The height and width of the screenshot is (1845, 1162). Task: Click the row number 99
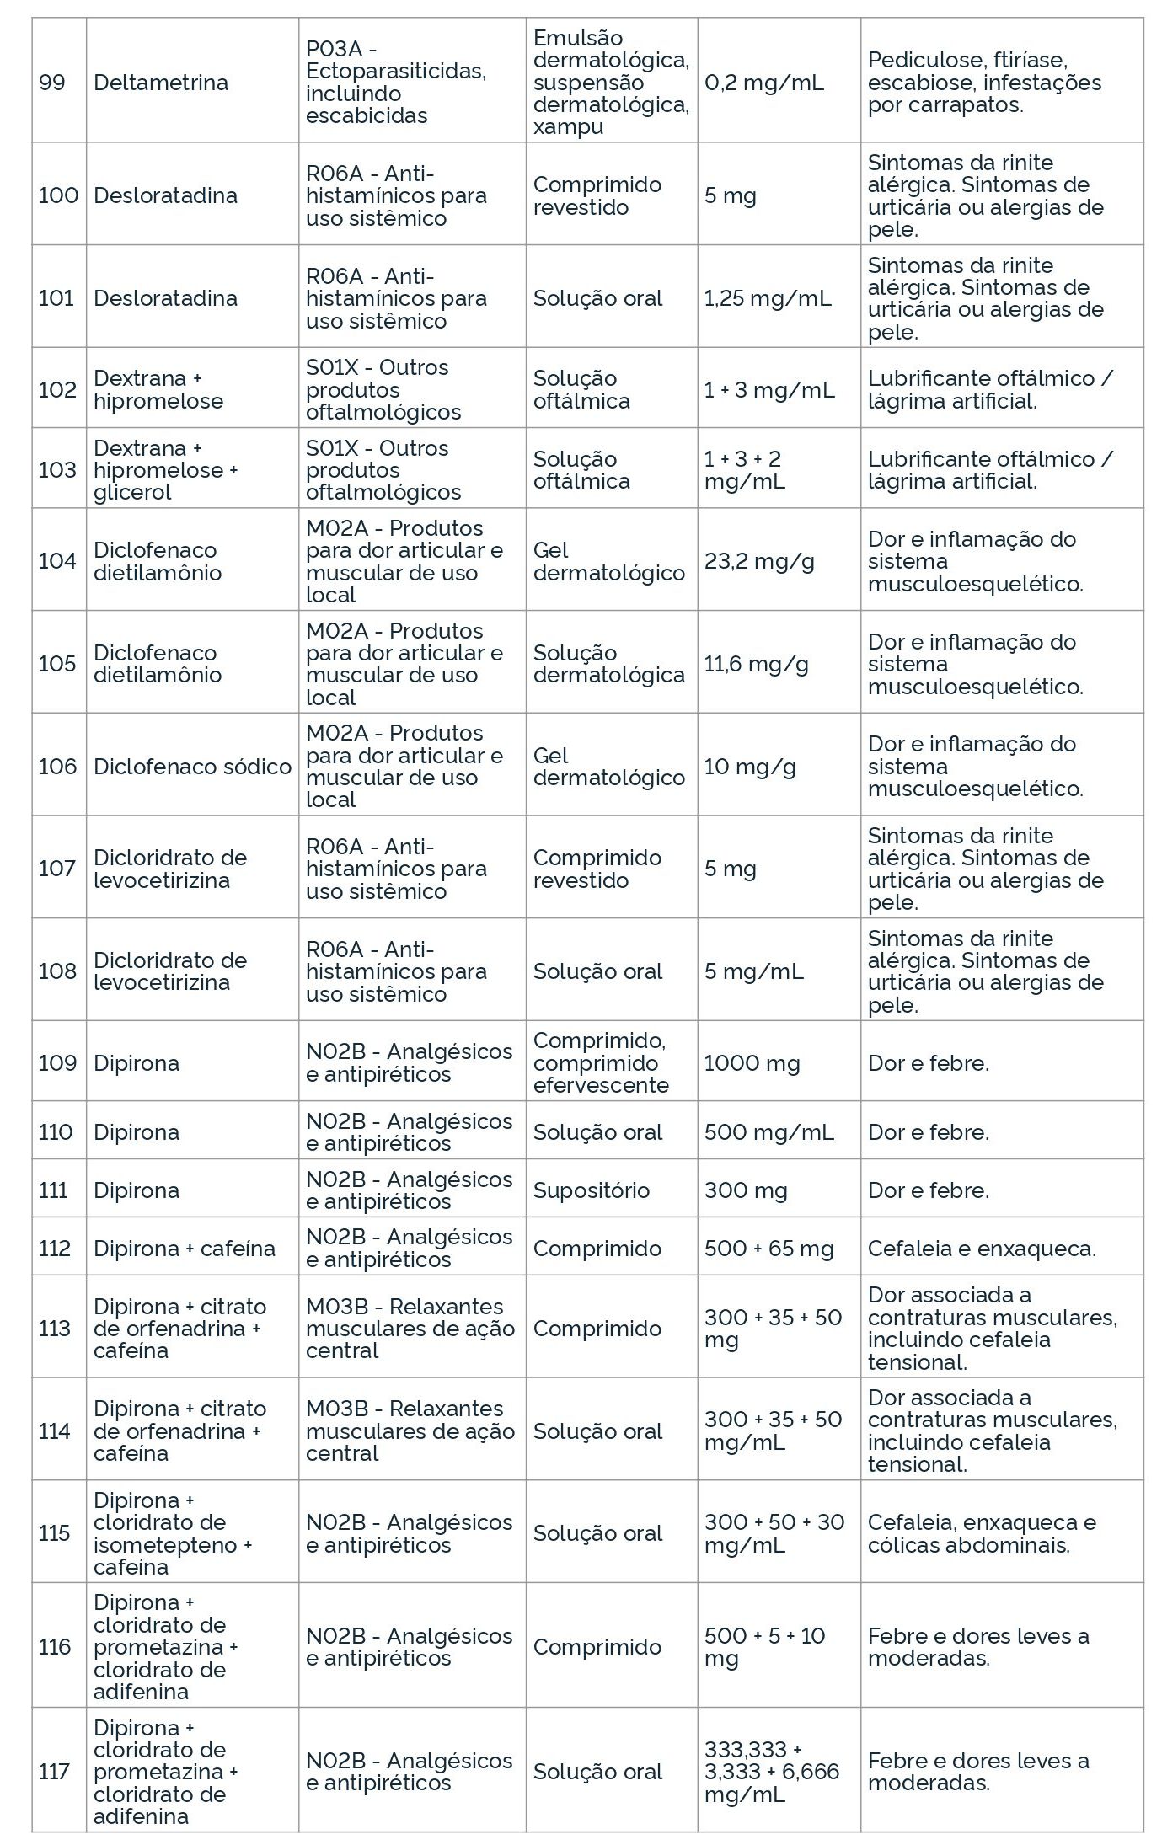click(x=52, y=83)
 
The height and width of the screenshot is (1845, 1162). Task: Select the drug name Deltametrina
click(x=161, y=83)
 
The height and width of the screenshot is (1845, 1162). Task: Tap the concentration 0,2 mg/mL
click(x=764, y=83)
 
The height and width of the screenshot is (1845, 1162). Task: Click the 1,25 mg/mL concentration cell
click(x=768, y=298)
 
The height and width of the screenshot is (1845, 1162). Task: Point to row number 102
click(x=57, y=390)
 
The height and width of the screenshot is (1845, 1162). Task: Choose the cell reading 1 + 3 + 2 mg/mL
click(x=744, y=470)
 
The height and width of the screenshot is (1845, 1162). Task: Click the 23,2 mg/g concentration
click(x=759, y=561)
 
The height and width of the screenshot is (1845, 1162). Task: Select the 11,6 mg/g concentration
click(x=756, y=664)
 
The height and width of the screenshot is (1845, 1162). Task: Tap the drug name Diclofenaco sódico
click(x=192, y=767)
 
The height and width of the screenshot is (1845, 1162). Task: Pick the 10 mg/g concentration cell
click(x=750, y=767)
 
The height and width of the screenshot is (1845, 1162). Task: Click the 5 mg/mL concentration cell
click(x=753, y=971)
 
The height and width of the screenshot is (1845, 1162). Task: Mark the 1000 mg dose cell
click(x=752, y=1063)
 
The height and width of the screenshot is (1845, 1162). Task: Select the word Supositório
click(x=591, y=1190)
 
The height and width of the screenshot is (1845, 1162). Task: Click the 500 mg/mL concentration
click(x=768, y=1132)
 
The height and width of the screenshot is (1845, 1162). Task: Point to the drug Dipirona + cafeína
click(x=185, y=1249)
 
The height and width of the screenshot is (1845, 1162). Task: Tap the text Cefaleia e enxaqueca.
click(x=982, y=1249)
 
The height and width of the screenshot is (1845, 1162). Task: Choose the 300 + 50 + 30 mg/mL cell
click(x=774, y=1533)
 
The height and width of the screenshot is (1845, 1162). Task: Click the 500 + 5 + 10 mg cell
click(x=764, y=1647)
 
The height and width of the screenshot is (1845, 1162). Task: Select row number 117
click(x=54, y=1772)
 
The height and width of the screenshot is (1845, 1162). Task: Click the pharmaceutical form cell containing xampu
click(x=611, y=83)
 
